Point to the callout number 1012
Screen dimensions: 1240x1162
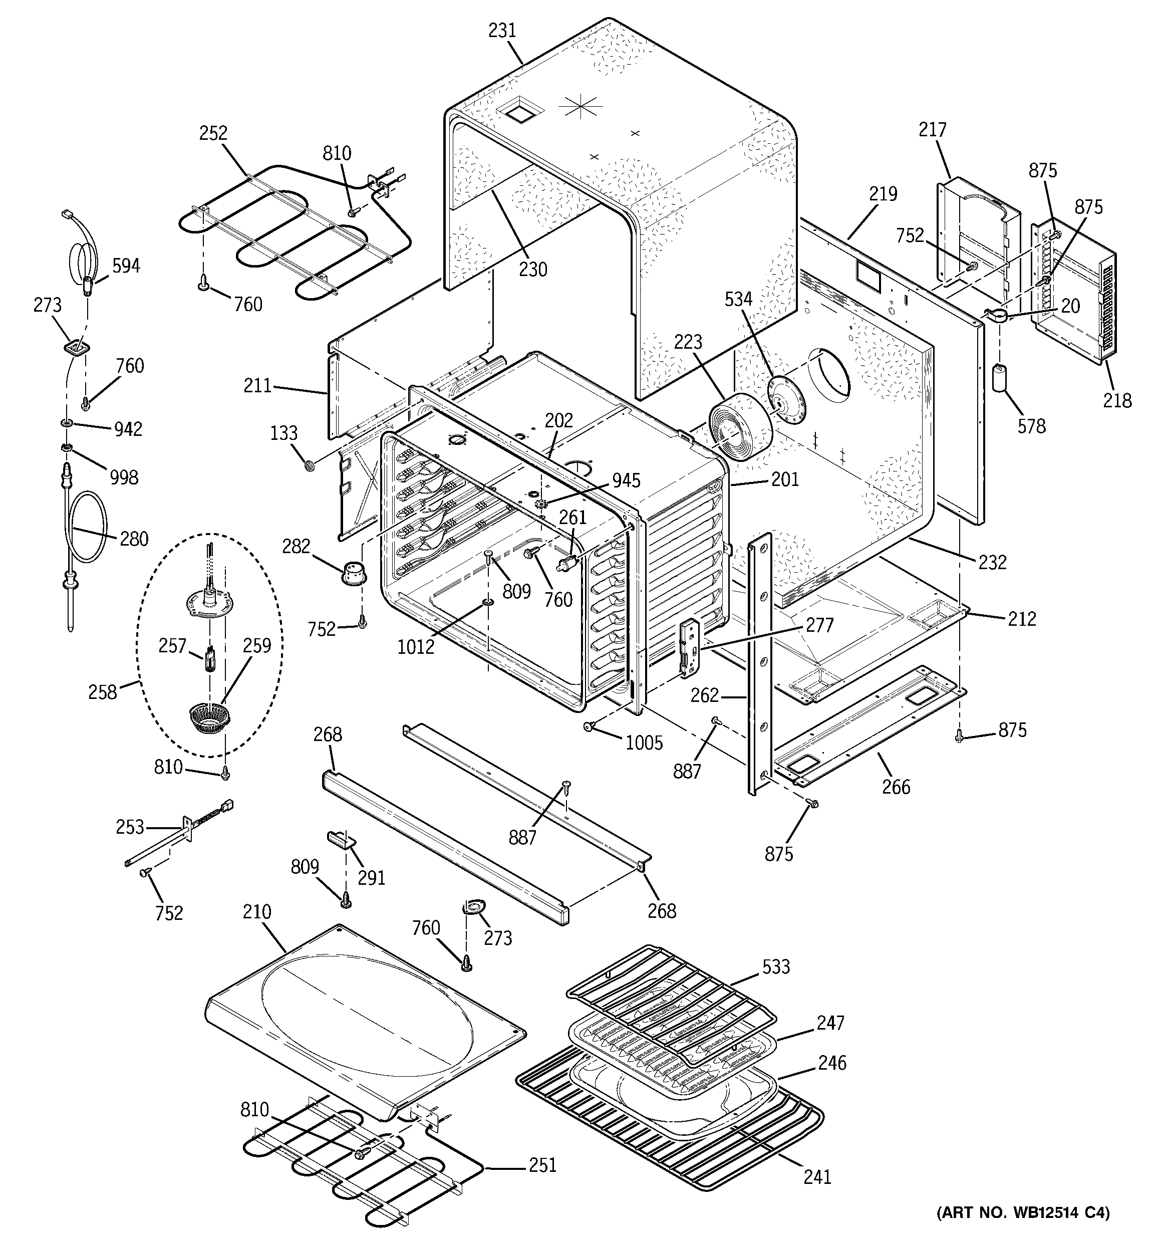[x=415, y=647]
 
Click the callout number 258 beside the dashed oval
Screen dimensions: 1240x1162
[x=103, y=692]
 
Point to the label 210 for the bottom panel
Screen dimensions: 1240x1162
[x=257, y=912]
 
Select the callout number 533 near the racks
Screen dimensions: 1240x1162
[x=776, y=967]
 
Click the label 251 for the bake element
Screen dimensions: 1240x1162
[x=542, y=1165]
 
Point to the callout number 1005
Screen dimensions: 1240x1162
[x=644, y=742]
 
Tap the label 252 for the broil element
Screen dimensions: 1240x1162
[x=213, y=133]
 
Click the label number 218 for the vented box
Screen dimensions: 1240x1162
[x=1116, y=400]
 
